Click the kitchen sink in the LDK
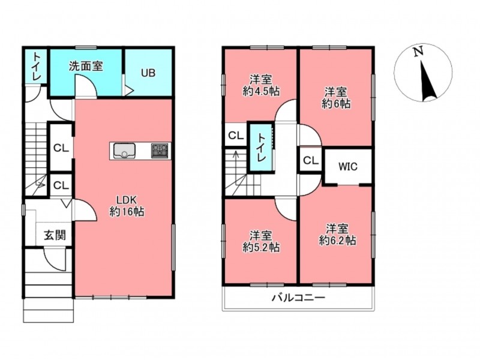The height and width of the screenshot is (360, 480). (x=124, y=151)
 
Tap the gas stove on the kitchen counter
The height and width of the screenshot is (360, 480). (x=160, y=151)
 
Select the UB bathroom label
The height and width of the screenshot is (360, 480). (x=148, y=73)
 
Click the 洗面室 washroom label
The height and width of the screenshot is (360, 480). (x=86, y=66)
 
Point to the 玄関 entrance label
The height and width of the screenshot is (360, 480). (x=55, y=235)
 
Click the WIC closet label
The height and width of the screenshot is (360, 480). (x=348, y=167)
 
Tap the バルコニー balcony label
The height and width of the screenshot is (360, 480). (x=298, y=297)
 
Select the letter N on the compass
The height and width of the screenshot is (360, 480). (x=418, y=52)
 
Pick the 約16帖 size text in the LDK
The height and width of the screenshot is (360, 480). (x=127, y=212)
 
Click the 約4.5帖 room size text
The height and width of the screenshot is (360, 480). (x=261, y=91)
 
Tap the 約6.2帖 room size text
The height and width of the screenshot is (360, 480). (x=337, y=241)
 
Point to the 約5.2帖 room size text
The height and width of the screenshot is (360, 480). (x=261, y=247)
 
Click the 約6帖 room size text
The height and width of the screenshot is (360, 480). (x=336, y=104)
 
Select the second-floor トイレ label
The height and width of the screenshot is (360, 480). (x=260, y=148)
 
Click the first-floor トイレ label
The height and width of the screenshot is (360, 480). (x=36, y=66)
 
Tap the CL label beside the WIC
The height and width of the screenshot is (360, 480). (x=311, y=160)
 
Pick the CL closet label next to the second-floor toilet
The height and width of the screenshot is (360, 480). (x=236, y=136)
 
